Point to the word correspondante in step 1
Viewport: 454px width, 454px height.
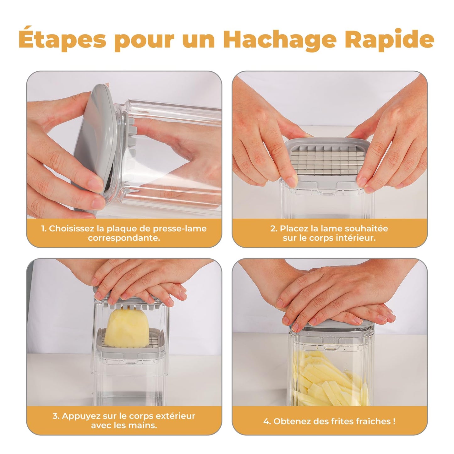(x=124, y=238)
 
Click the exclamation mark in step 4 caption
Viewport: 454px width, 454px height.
(x=394, y=421)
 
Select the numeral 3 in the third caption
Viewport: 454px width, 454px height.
(x=55, y=416)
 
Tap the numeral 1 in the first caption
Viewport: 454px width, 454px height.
(x=43, y=228)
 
